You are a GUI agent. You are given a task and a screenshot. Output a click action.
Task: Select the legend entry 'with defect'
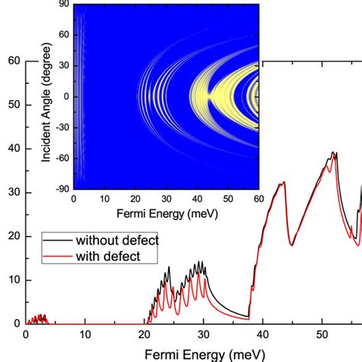click(108, 257)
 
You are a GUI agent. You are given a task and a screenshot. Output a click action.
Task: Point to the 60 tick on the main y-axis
click(14, 61)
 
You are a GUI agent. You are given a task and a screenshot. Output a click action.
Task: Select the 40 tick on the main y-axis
click(14, 149)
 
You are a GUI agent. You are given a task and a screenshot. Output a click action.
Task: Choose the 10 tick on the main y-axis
click(14, 280)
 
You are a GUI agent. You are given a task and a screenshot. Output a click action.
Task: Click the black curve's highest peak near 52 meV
click(333, 153)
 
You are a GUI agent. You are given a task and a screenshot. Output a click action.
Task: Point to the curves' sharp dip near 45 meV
click(292, 244)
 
